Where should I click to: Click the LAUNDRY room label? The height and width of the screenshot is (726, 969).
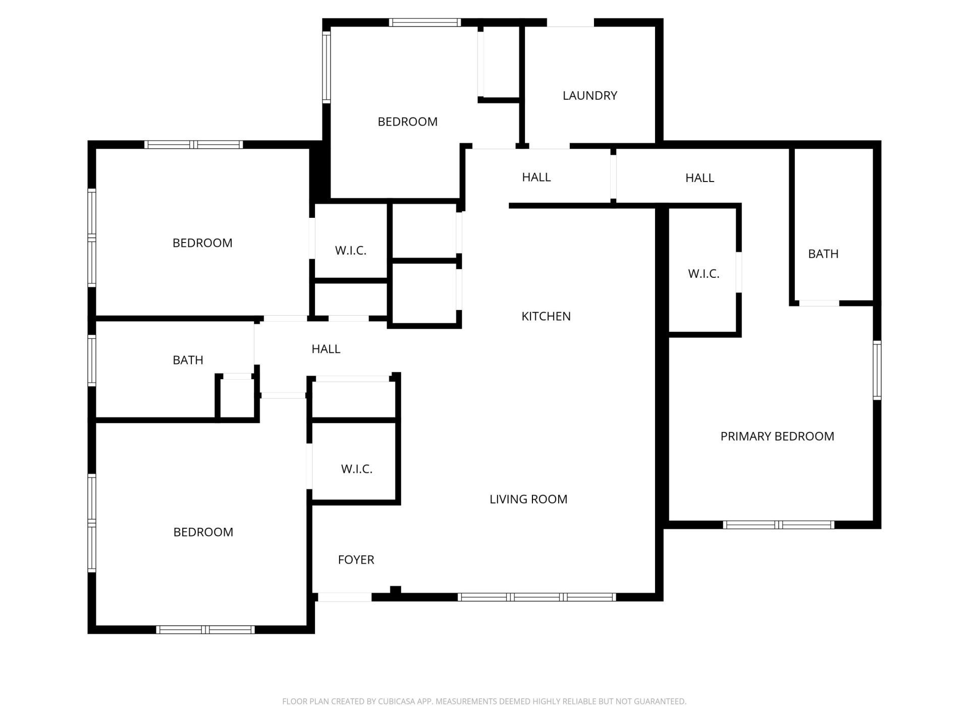(589, 95)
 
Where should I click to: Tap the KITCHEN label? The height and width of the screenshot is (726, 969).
(546, 316)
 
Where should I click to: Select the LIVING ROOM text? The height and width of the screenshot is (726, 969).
(528, 499)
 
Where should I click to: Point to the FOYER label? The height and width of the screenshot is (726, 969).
(356, 560)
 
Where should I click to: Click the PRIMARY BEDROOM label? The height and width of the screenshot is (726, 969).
(777, 436)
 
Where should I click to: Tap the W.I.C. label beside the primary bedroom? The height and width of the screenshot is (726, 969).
(703, 273)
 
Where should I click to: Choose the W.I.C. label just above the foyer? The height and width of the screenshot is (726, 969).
(356, 469)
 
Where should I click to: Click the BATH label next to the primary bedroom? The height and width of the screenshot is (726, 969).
(823, 254)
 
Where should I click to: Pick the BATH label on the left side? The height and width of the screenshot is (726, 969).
(188, 360)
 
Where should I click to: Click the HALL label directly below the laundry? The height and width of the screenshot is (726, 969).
(536, 177)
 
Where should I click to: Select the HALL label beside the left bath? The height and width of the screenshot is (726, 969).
(326, 349)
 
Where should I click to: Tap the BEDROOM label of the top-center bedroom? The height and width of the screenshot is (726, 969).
(407, 122)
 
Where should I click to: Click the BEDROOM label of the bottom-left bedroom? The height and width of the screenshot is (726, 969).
(203, 532)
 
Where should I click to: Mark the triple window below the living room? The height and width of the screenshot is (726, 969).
(536, 597)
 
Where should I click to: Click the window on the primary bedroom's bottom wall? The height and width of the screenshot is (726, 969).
(778, 525)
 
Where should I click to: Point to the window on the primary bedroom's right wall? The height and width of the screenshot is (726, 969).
(877, 370)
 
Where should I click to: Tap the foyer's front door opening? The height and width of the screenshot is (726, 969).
(344, 597)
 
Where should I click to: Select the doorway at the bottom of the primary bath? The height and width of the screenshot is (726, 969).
(819, 303)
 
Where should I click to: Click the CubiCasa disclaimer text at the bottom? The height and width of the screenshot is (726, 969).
(484, 701)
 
